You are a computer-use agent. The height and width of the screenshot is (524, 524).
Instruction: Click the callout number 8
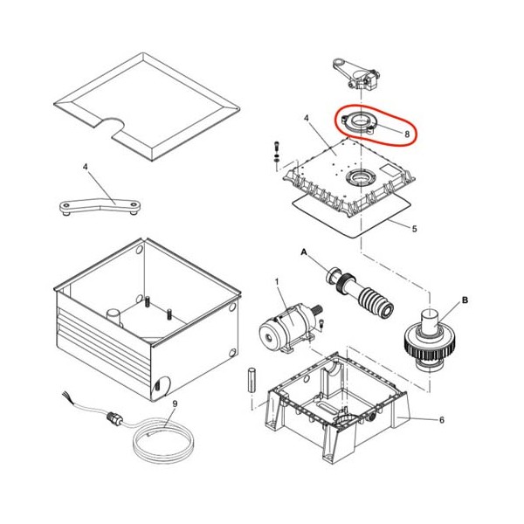(x=407, y=134)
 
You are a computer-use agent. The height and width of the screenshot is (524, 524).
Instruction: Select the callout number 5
(x=414, y=229)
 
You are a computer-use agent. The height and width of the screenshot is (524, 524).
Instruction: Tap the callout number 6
(x=442, y=420)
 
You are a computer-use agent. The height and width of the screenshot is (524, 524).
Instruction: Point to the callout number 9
(x=175, y=404)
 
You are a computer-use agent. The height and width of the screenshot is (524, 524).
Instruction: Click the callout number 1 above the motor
(x=277, y=282)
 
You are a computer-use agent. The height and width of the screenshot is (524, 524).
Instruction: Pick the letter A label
(x=304, y=252)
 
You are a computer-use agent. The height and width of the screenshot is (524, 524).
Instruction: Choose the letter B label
(x=465, y=300)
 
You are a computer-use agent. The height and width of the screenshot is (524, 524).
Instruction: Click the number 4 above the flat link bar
(x=86, y=166)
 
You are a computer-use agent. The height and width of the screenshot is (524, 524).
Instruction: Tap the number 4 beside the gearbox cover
(x=307, y=118)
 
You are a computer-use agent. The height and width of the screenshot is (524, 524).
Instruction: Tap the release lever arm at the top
(x=355, y=74)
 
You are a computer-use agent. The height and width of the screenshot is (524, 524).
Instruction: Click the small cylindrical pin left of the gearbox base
(x=252, y=380)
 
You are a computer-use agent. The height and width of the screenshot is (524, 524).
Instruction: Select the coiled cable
(x=164, y=444)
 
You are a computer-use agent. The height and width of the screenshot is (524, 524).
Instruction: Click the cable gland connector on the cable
(x=114, y=418)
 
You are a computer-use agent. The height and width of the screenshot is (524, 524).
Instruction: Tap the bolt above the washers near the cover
(x=276, y=146)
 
